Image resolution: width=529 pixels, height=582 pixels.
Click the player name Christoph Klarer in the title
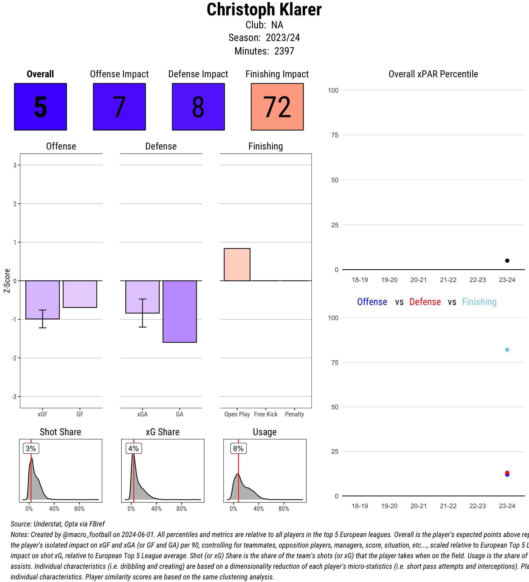(x=264, y=10)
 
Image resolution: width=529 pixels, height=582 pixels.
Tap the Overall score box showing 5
(x=40, y=107)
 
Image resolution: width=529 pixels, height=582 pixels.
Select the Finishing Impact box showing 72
(x=277, y=107)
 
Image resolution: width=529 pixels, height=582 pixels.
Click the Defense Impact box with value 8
(x=198, y=107)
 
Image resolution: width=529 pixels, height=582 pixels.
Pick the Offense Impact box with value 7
(x=119, y=107)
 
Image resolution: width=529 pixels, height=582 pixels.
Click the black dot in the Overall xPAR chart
(x=507, y=261)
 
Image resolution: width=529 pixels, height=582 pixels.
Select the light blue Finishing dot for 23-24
(x=507, y=350)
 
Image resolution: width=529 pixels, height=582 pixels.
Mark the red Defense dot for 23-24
(x=507, y=472)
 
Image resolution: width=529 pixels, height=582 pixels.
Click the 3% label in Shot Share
(x=31, y=448)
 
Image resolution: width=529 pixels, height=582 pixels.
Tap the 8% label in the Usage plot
(x=238, y=448)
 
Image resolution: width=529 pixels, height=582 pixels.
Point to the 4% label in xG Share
(x=134, y=448)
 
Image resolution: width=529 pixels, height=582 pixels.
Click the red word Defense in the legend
(x=425, y=302)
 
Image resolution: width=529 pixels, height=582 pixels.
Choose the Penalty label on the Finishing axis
(x=294, y=414)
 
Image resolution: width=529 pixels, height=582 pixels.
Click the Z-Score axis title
(x=7, y=281)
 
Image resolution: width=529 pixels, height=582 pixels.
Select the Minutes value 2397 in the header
(x=284, y=51)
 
